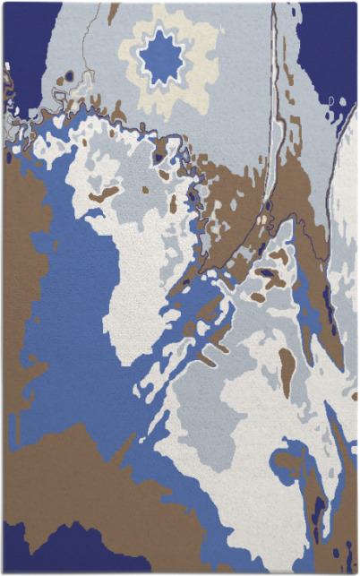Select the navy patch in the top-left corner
coord(27,36)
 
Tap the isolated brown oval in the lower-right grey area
coord(287,367)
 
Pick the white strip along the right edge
coord(345,224)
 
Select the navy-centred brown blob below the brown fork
coord(269,273)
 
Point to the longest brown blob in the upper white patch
coord(106,193)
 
